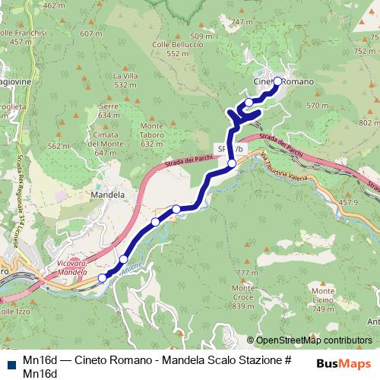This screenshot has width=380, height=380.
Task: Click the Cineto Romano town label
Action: [x=283, y=81]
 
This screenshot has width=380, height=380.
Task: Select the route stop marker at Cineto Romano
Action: [x=277, y=81]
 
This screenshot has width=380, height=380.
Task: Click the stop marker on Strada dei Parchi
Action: [x=233, y=163]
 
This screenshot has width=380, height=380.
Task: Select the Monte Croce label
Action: [x=243, y=293]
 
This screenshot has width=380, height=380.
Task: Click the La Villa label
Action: [x=125, y=80]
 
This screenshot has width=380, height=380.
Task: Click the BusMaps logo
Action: [x=342, y=363]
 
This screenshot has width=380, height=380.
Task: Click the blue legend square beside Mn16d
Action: [x=10, y=362]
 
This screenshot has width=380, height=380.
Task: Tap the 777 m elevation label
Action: [x=242, y=272]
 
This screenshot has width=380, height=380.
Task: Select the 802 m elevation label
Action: [x=368, y=122]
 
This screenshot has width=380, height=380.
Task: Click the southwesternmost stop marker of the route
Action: [x=103, y=278]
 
